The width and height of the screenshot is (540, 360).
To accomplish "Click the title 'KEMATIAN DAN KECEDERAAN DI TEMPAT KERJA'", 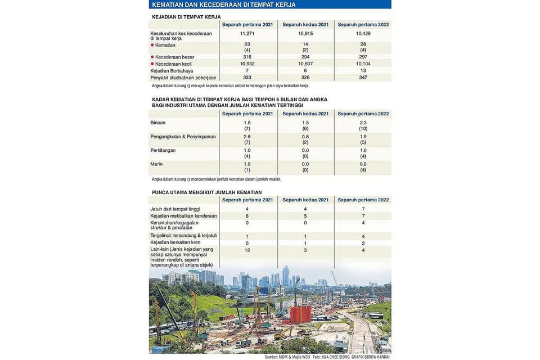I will click(223, 5).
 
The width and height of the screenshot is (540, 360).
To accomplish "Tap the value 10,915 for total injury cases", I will click(305, 34).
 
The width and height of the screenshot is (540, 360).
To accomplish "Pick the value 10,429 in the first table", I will click(363, 34).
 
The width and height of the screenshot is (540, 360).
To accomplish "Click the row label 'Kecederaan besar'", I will click(174, 57).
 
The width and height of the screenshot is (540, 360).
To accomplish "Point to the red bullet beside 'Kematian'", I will click(152, 45).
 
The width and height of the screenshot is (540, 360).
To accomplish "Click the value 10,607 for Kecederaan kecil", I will click(305, 64).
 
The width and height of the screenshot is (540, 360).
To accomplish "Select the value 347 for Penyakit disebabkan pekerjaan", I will click(363, 77).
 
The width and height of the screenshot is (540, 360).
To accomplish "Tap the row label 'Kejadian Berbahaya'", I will click(172, 71).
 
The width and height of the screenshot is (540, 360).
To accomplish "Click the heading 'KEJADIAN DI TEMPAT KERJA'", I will click(186, 17).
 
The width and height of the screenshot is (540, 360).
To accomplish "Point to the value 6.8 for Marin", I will click(363, 164).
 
